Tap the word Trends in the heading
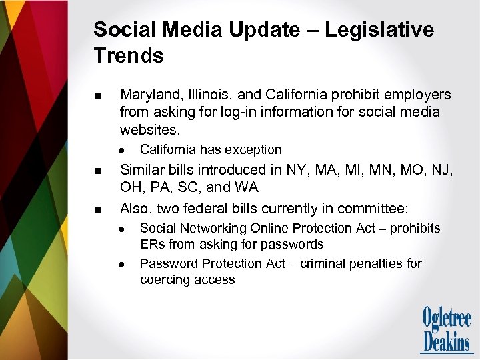click(129, 56)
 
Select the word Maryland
click(146, 95)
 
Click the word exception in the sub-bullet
click(253, 149)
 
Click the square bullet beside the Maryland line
click(99, 96)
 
